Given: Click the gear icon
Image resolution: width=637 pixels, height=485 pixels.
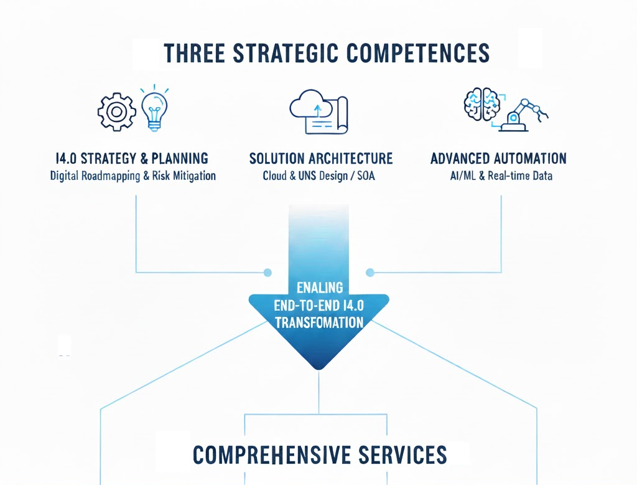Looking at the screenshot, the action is [116, 112].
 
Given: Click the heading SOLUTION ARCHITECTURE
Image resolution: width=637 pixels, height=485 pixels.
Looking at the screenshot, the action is [321, 158].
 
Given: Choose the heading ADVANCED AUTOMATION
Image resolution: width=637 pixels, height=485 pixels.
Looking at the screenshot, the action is [498, 158].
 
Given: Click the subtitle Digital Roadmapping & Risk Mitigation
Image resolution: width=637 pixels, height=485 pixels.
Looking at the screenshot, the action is [133, 176].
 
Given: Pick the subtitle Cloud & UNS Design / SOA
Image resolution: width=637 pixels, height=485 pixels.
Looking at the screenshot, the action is [319, 176].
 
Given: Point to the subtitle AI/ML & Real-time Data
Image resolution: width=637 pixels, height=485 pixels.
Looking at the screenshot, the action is [501, 176].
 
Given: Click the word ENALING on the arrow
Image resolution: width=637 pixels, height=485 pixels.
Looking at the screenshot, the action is [319, 288].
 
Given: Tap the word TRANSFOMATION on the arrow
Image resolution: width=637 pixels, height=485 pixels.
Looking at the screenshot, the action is [318, 323].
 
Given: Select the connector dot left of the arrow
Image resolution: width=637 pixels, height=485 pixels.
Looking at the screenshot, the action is [267, 272].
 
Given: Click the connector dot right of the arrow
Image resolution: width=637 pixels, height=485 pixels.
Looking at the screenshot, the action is [370, 272].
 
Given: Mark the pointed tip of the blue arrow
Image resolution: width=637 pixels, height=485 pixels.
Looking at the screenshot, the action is [318, 369].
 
